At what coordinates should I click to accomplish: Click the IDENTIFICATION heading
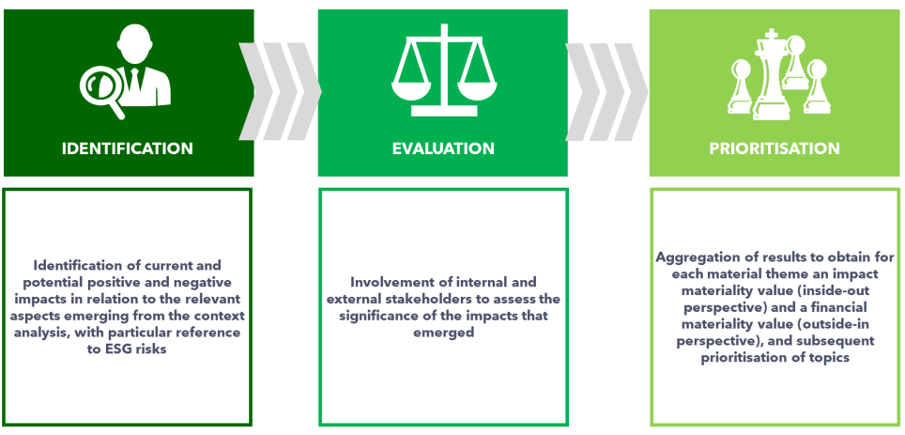(x=128, y=148)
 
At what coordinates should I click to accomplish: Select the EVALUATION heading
(x=443, y=148)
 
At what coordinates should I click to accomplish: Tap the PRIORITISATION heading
(x=775, y=148)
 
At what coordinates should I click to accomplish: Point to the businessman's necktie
(x=134, y=80)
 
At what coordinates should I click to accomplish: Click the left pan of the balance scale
(x=411, y=89)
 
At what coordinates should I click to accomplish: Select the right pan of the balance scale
(x=477, y=89)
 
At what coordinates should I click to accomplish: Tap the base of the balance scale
(x=444, y=110)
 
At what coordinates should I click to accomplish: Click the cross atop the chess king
(x=771, y=36)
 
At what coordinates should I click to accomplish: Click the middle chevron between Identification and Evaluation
(x=281, y=91)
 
